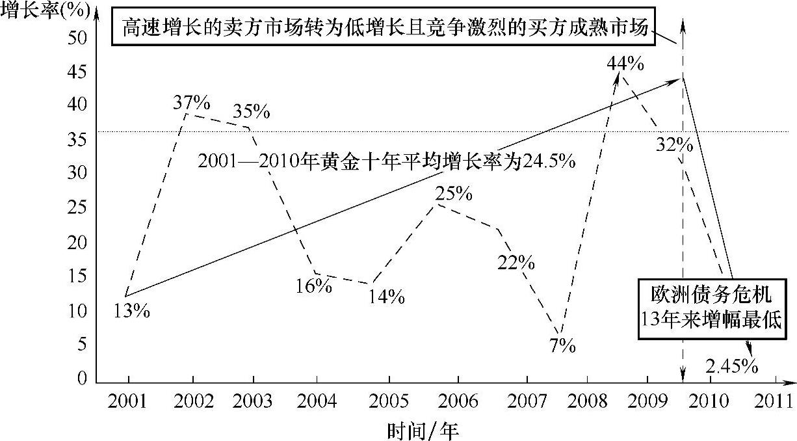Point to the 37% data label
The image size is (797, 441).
coord(191,103)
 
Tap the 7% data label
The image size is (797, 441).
coord(562,346)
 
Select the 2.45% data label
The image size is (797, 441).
coord(732,367)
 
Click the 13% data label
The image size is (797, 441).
coord(131,311)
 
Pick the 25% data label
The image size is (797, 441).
coord(454,193)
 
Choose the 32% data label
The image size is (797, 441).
coord(674,144)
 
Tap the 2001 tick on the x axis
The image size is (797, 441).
coord(128,401)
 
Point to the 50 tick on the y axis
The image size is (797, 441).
coord(77,38)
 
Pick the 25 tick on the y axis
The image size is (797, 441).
coord(77,207)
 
